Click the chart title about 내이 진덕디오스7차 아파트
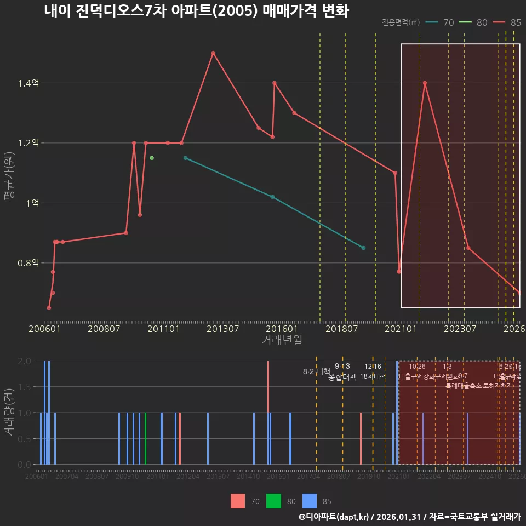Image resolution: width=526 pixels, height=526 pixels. pyautogui.click(x=196, y=11)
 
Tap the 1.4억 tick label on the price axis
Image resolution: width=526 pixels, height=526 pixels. pyautogui.click(x=28, y=83)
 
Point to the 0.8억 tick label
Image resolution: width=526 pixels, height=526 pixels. pyautogui.click(x=28, y=263)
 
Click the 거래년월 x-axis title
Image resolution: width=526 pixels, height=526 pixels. pyautogui.click(x=282, y=340)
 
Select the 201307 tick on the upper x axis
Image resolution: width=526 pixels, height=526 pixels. pyautogui.click(x=223, y=329)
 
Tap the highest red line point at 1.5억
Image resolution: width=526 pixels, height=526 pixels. pyautogui.click(x=213, y=53)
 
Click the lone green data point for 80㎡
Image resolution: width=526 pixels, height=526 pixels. pyautogui.click(x=152, y=158)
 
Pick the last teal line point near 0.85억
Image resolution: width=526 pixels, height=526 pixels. pyautogui.click(x=363, y=248)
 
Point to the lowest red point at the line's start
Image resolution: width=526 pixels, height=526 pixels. pyautogui.click(x=49, y=308)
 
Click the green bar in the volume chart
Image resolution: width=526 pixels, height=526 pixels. pyautogui.click(x=145, y=438)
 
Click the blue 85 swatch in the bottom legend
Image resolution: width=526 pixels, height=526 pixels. pyautogui.click(x=310, y=501)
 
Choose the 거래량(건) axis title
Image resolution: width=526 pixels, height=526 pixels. pyautogui.click(x=8, y=413)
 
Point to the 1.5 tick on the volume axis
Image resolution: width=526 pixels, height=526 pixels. pyautogui.click(x=24, y=387)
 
